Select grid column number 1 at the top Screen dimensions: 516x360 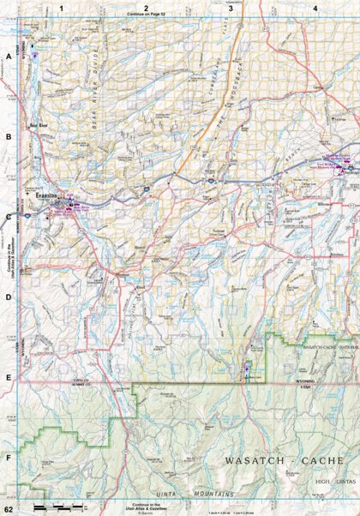point(61,8)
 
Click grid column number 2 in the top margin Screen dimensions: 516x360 point(146,8)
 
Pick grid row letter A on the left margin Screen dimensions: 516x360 point(9,57)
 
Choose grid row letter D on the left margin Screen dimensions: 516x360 point(9,297)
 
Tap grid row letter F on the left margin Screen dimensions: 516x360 point(9,457)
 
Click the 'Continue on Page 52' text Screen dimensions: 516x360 point(147,15)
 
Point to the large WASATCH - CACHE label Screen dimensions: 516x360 point(284,461)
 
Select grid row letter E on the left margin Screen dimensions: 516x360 point(9,377)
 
